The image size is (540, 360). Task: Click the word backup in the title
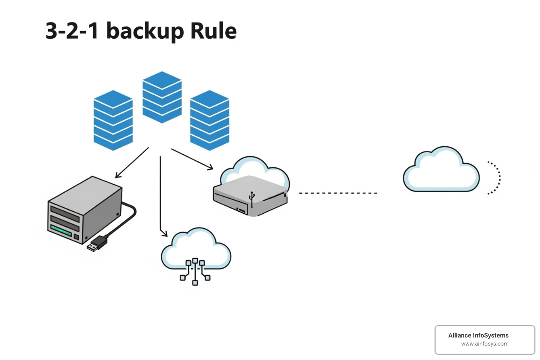pos(145,31)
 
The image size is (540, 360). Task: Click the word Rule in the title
pos(213,31)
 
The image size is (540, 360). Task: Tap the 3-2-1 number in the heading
pos(72,31)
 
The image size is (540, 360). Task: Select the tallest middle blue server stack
pos(162,97)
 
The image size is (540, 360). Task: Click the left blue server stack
pos(113,121)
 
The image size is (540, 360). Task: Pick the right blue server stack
pos(210,121)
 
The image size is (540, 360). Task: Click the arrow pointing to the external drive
pos(132,163)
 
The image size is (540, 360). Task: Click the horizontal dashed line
pos(337,193)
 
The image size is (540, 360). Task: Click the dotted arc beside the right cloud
pos(496,178)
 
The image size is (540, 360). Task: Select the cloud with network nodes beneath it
pos(195,250)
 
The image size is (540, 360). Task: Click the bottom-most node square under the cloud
pos(195,283)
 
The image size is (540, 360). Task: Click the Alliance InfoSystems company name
pos(478,335)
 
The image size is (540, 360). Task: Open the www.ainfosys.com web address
pos(484,344)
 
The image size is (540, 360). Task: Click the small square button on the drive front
pos(76,237)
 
